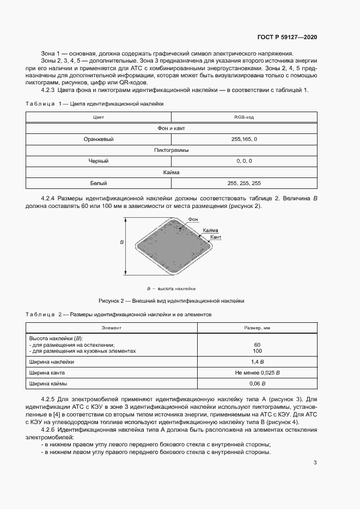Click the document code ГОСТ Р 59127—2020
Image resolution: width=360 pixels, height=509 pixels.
pyautogui.click(x=287, y=38)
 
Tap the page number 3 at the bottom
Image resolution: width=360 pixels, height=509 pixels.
pyautogui.click(x=315, y=463)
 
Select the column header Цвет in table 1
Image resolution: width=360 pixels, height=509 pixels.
pyautogui.click(x=99, y=117)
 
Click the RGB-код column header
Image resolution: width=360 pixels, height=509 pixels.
pyautogui.click(x=245, y=117)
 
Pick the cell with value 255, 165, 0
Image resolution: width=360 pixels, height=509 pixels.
pyautogui.click(x=245, y=139)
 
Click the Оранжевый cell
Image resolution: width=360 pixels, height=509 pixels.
pyautogui.click(x=99, y=139)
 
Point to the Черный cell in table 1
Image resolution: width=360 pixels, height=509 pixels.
pyautogui.click(x=99, y=161)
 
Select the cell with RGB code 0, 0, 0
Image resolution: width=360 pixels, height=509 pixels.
pyautogui.click(x=245, y=161)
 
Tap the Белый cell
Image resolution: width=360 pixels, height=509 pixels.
pyautogui.click(x=99, y=183)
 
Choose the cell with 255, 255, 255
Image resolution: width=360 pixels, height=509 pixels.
pyautogui.click(x=245, y=183)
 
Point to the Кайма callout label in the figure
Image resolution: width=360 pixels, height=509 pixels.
pyautogui.click(x=210, y=231)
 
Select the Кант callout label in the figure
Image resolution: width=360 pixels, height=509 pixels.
pyautogui.click(x=215, y=238)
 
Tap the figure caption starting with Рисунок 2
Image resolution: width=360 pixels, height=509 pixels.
pyautogui.click(x=171, y=301)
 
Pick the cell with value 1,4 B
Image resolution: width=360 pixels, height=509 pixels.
pyautogui.click(x=257, y=361)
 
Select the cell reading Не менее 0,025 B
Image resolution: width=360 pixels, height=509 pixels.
pyautogui.click(x=257, y=373)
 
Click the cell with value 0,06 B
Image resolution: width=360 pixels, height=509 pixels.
pyautogui.click(x=257, y=384)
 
